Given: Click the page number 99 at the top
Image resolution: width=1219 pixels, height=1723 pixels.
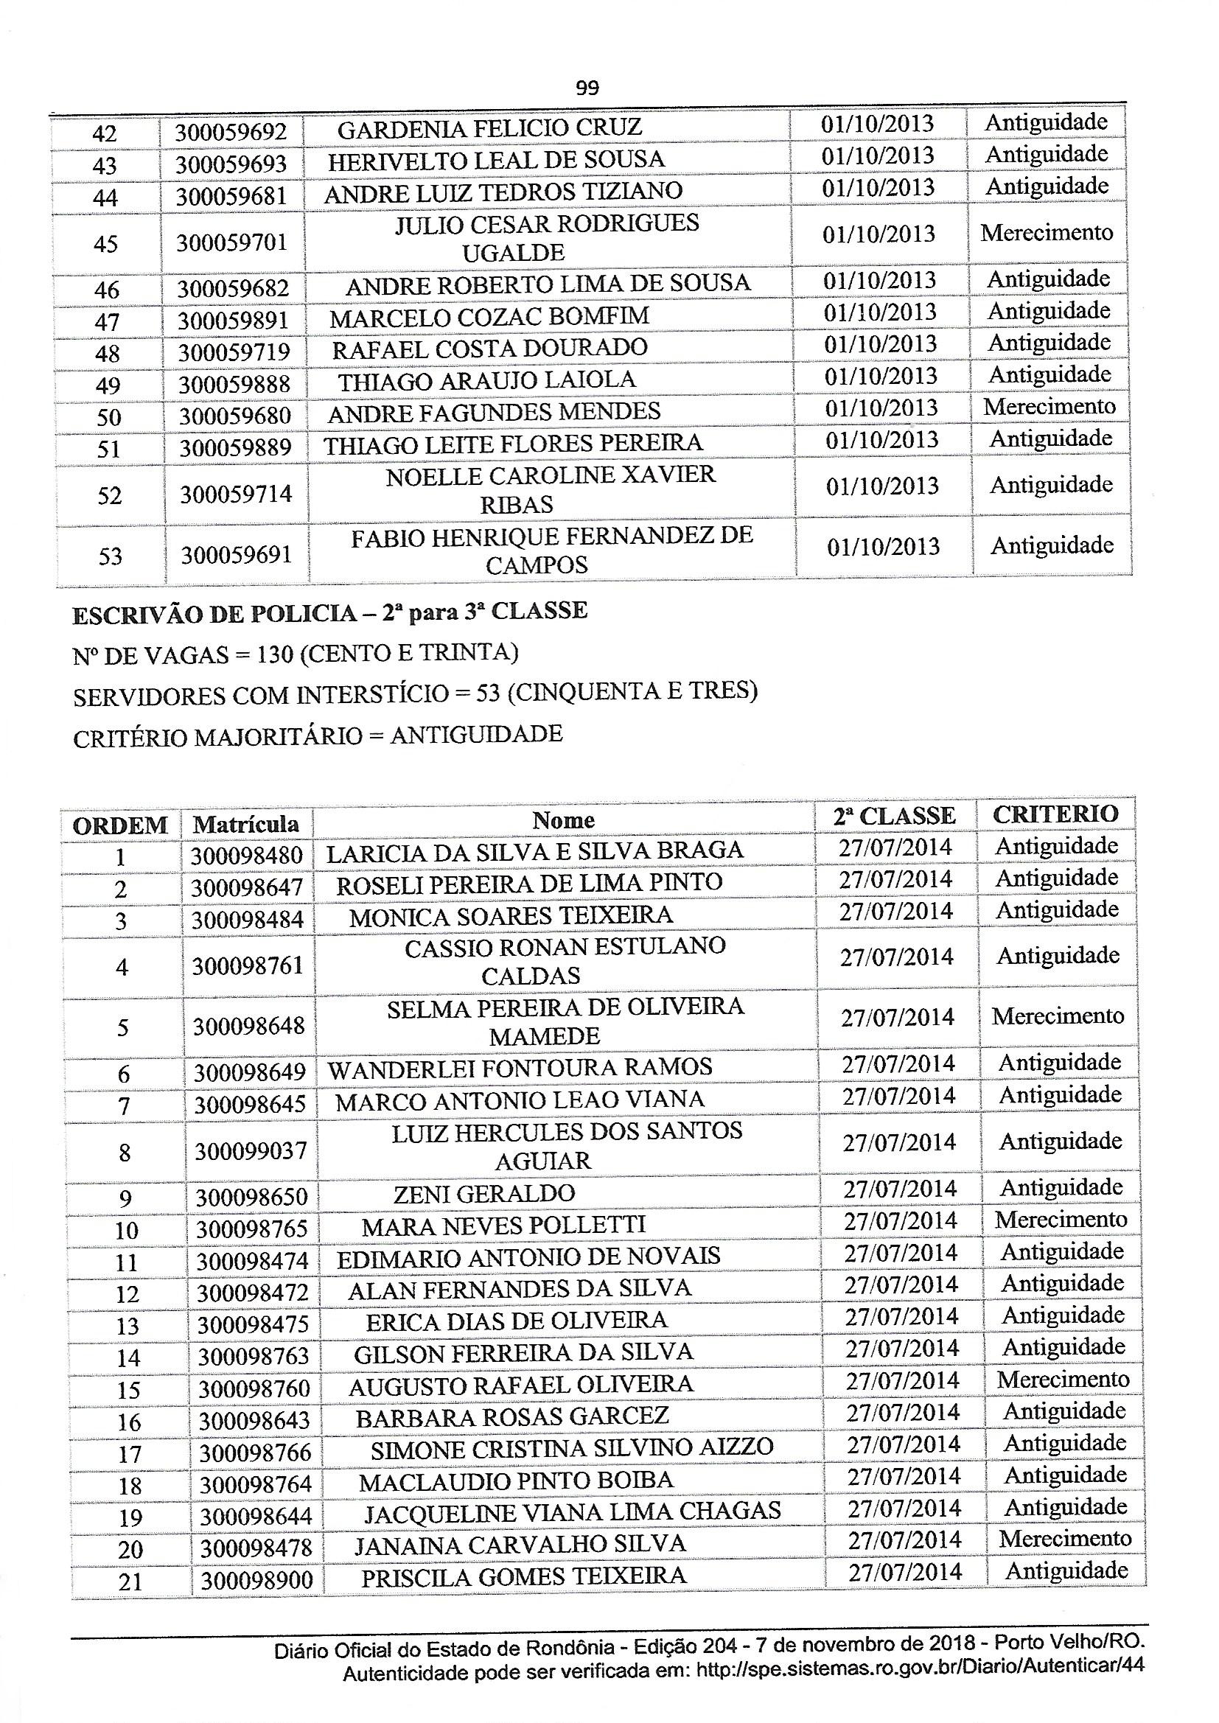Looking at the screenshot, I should pos(587,88).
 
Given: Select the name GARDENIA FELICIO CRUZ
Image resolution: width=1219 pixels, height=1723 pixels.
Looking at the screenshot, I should pos(489,127).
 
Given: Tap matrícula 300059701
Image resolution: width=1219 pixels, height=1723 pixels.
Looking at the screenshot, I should pos(232,243).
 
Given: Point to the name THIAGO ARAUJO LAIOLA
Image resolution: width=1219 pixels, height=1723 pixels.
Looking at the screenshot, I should pos(486,380).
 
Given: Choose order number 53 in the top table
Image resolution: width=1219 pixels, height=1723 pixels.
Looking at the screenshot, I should pos(111,556).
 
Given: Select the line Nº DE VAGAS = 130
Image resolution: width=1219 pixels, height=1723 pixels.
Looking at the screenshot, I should pos(296,654).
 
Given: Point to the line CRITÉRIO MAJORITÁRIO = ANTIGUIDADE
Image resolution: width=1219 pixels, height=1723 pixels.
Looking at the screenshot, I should pos(318,735).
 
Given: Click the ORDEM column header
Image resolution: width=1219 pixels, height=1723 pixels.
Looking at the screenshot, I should pos(120,825).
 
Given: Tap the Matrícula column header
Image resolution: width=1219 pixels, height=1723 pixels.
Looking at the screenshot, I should pos(246,824).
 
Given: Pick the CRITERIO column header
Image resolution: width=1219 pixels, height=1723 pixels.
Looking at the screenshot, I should pos(1055,814).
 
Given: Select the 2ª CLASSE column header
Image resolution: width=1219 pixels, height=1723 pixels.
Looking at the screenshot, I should pos(894,817).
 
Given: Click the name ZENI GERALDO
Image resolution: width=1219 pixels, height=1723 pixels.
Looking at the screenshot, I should pos(484,1193).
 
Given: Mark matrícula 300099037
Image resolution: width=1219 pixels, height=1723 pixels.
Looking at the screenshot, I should pos(251,1150).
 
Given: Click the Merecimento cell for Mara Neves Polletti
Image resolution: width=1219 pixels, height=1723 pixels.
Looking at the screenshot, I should pos(1061,1220).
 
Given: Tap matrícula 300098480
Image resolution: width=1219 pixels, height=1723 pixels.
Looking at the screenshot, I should pos(246,856).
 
